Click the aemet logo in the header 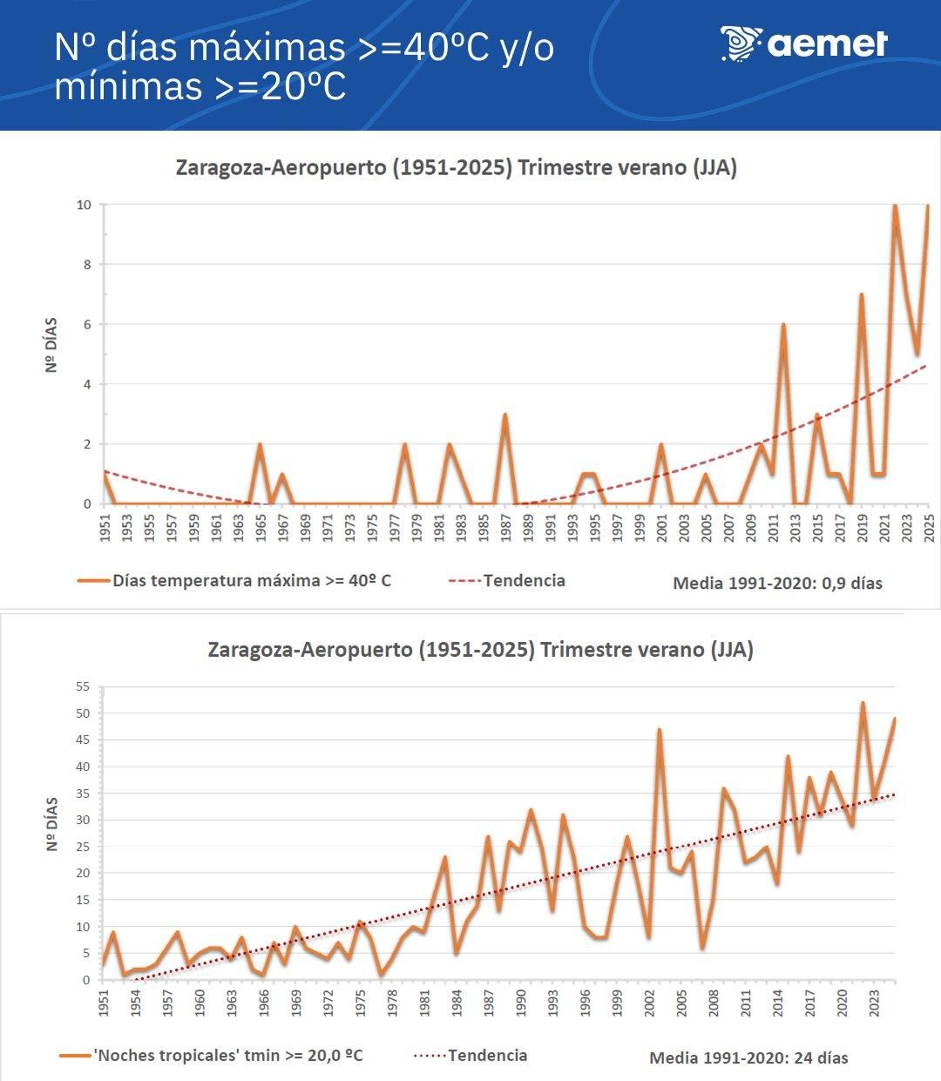pyautogui.click(x=803, y=44)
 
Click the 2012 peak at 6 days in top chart pyautogui.click(x=783, y=325)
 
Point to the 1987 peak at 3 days pyautogui.click(x=504, y=416)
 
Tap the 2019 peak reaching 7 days pyautogui.click(x=862, y=295)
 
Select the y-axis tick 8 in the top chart pyautogui.click(x=85, y=265)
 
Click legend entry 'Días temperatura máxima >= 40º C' pyautogui.click(x=252, y=580)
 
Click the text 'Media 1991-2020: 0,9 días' pyautogui.click(x=777, y=583)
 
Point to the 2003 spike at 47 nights pyautogui.click(x=660, y=730)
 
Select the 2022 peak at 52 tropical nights pyautogui.click(x=863, y=703)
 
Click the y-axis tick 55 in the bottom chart pyautogui.click(x=83, y=686)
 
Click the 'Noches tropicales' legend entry pyautogui.click(x=227, y=1055)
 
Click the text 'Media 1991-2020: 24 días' pyautogui.click(x=748, y=1057)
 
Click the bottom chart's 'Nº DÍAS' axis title pyautogui.click(x=52, y=823)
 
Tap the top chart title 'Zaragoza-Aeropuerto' pyautogui.click(x=280, y=167)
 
